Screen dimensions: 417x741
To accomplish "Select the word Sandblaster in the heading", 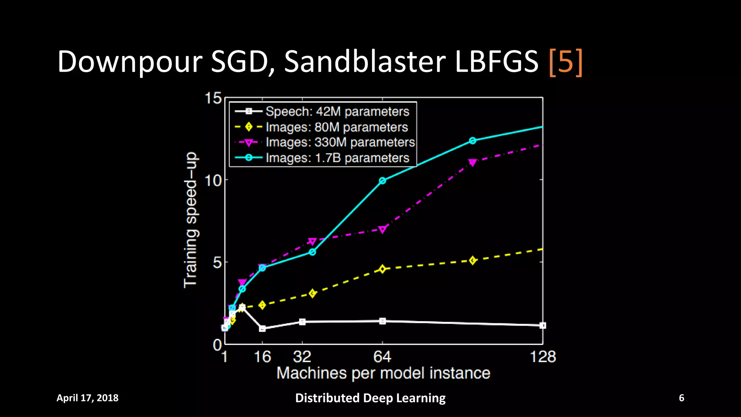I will (364, 62).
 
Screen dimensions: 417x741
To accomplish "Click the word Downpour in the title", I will (130, 62).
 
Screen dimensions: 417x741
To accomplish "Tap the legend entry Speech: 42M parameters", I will (337, 111).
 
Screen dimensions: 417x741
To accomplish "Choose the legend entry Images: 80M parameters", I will (336, 127).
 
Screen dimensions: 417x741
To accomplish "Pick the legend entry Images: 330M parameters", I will (340, 142).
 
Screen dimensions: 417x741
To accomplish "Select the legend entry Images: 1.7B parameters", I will (337, 158).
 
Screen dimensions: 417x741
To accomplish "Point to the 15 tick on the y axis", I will (213, 98).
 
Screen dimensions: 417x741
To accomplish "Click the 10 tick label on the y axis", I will (213, 180).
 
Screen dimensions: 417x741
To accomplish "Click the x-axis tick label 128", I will (542, 357).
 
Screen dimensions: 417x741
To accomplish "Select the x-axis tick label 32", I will (302, 357).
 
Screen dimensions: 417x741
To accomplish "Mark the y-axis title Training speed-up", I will (191, 220).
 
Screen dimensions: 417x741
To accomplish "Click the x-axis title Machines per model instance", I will (383, 373).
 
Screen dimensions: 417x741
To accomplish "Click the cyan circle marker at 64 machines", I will (382, 181).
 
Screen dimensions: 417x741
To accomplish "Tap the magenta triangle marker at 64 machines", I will (382, 229).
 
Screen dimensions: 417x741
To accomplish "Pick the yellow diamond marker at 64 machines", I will (382, 269).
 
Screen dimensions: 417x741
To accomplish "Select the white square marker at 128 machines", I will (542, 325).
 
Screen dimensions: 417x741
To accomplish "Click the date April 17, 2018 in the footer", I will (88, 398).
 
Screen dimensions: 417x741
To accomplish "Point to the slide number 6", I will (681, 398).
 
